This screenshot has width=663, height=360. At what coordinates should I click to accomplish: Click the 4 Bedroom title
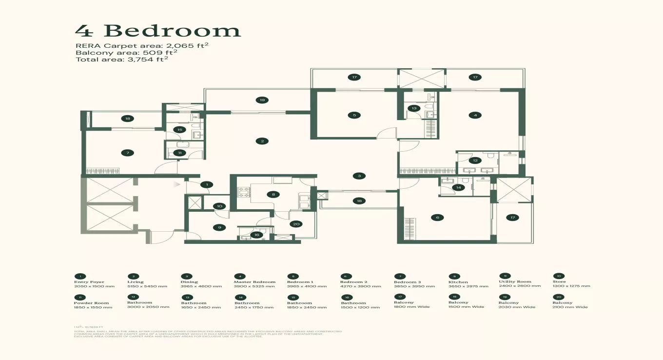click(x=158, y=31)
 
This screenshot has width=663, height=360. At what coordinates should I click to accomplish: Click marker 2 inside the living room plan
click(x=262, y=141)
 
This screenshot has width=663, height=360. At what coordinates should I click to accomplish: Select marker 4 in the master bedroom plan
click(x=475, y=115)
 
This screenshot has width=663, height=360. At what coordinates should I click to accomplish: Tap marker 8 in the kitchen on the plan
click(x=273, y=194)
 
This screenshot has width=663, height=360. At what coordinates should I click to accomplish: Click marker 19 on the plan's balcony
click(x=262, y=100)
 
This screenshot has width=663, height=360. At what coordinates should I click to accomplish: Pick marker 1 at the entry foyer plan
click(x=207, y=184)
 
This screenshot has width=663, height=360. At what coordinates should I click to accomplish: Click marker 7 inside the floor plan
click(x=128, y=153)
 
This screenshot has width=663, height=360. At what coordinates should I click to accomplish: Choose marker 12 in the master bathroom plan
click(x=475, y=160)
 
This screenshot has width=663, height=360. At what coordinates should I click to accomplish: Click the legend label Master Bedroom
click(x=254, y=282)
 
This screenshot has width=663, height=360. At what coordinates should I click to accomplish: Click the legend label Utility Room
click(x=515, y=282)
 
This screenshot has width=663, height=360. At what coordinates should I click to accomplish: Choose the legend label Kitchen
click(x=458, y=282)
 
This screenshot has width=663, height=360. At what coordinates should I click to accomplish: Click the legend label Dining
click(x=189, y=282)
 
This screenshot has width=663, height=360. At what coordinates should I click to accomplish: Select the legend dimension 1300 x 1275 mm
click(x=572, y=286)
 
